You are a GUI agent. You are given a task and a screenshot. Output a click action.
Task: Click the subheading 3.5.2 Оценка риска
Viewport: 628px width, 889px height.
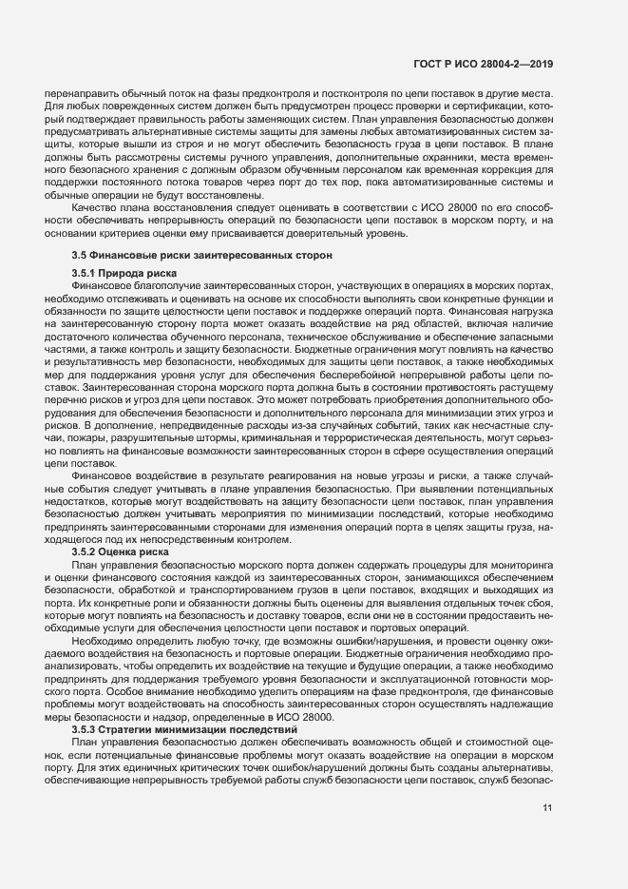click(121, 551)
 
